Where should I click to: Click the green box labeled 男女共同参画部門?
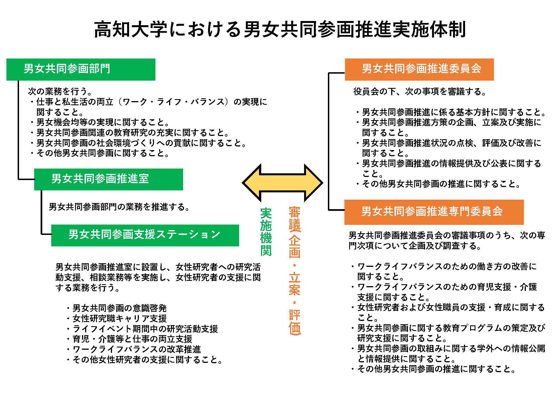(81, 69)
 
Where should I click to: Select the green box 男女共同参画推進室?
(109, 179)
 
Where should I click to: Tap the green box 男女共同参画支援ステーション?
(145, 235)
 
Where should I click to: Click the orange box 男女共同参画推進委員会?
(419, 69)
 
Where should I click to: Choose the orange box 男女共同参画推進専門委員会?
(434, 212)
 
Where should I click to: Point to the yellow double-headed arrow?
(283, 183)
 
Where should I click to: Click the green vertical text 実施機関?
(266, 232)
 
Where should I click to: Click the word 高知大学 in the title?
(130, 30)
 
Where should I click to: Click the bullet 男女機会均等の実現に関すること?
(100, 122)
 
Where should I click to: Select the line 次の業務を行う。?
(60, 91)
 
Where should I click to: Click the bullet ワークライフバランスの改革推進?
(134, 349)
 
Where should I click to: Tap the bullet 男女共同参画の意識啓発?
(116, 308)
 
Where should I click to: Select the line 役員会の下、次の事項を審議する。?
(420, 92)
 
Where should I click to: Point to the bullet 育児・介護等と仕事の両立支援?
(129, 339)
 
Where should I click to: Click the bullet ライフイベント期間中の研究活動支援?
(142, 329)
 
